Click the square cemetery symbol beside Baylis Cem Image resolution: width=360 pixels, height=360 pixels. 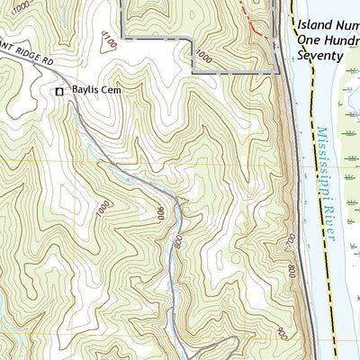click(x=60, y=91)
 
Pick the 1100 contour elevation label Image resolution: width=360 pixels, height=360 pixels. click(x=110, y=41)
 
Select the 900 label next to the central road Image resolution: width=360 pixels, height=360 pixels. click(x=160, y=214)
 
